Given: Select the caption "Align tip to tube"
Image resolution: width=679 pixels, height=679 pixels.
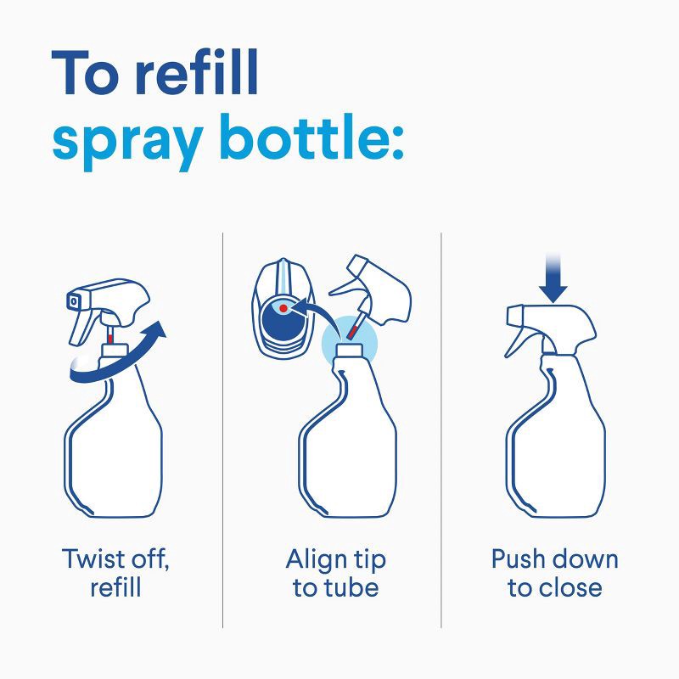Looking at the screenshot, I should tap(335, 573).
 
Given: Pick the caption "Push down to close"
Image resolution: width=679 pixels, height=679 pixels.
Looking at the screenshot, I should tap(554, 573).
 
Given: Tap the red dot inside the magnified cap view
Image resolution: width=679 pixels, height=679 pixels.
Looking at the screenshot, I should tap(282, 308).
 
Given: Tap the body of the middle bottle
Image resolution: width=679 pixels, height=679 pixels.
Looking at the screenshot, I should tap(348, 450).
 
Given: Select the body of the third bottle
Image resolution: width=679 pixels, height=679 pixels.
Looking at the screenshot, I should tap(556, 450).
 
